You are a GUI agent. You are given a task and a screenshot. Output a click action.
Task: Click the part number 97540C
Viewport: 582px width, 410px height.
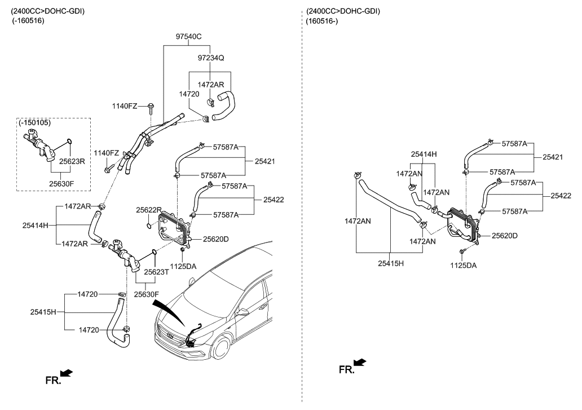188,37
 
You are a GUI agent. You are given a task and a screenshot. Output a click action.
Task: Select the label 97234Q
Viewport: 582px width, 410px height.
211,58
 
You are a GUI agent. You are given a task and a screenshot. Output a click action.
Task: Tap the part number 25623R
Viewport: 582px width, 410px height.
72,161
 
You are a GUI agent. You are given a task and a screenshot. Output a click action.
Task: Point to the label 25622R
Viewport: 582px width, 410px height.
148,210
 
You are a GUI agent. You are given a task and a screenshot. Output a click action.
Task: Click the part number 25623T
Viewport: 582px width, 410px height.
156,272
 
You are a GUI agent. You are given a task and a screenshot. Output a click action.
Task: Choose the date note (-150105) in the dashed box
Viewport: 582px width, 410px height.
35,122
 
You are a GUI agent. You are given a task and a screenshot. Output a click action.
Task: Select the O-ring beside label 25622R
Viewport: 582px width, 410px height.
148,226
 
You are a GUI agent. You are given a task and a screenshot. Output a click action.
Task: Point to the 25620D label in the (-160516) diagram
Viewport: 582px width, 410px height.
216,239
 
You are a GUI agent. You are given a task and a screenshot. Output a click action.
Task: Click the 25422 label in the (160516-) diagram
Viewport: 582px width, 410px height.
560,196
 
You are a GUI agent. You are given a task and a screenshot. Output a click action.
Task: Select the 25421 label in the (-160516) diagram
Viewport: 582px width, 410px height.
265,161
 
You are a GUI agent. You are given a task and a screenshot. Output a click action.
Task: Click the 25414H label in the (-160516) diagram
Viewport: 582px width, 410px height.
36,225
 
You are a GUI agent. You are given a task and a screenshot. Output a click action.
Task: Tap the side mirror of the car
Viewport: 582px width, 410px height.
244,311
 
